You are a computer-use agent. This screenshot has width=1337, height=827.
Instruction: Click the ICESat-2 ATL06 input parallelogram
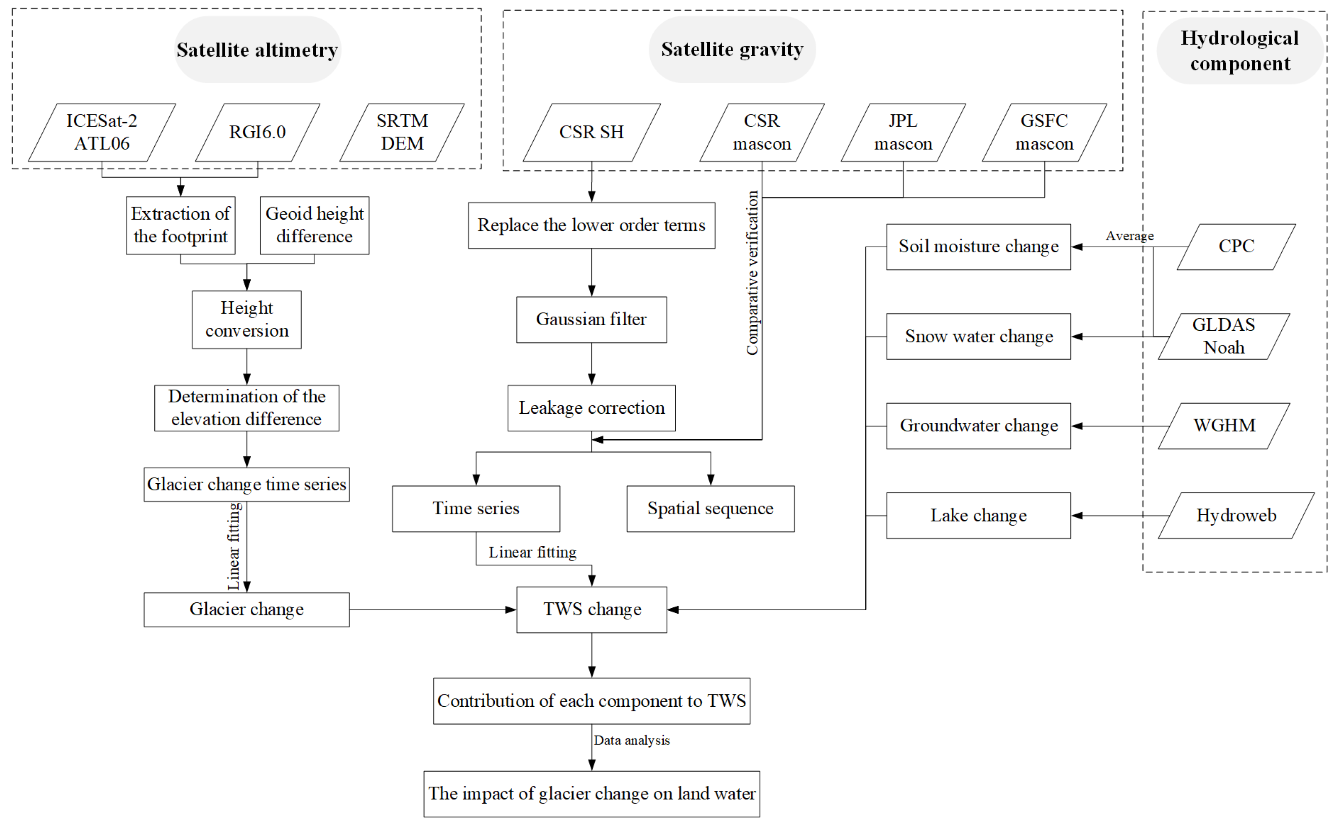click(x=102, y=132)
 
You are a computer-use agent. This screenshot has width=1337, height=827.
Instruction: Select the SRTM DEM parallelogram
click(x=402, y=132)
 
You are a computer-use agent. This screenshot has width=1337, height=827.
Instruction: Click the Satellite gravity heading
click(x=732, y=49)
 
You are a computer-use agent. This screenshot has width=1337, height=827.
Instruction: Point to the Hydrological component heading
click(x=1240, y=50)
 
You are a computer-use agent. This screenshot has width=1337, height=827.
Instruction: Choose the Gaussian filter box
click(x=592, y=319)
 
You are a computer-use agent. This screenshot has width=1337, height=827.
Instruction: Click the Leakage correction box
click(x=592, y=408)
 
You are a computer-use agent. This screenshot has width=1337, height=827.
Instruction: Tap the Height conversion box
click(x=247, y=319)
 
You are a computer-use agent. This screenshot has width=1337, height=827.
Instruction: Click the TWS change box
click(x=592, y=609)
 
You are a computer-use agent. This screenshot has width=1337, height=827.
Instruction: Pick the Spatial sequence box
click(x=710, y=509)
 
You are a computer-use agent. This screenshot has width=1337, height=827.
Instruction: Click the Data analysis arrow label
click(x=632, y=740)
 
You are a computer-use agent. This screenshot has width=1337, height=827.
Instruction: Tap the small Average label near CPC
click(x=1129, y=236)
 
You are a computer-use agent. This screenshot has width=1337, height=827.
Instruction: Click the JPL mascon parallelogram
click(x=903, y=132)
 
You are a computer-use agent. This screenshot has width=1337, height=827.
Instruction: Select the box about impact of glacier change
click(x=592, y=793)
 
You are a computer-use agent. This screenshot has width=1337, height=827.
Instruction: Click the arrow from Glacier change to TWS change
click(x=432, y=609)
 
